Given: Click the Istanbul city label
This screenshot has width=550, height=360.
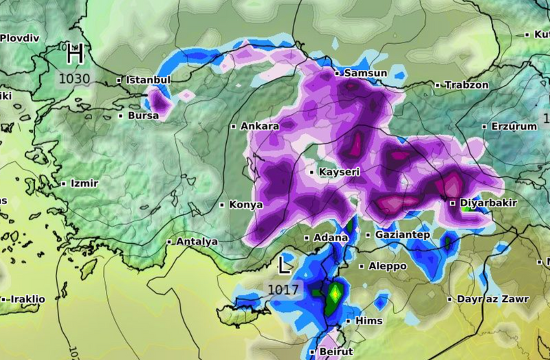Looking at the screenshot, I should [x=147, y=80].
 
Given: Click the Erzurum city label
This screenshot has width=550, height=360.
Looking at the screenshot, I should [x=513, y=126].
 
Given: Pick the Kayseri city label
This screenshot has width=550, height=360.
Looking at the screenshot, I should [x=338, y=172].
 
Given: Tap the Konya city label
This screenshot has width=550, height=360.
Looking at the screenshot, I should [x=245, y=205].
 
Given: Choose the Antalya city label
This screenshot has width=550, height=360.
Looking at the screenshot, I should [x=197, y=242].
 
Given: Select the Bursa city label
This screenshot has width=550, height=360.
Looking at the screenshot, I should [x=142, y=115].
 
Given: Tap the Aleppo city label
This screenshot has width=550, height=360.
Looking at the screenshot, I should [x=388, y=266].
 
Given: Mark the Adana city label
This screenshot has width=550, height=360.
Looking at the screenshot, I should [x=330, y=238].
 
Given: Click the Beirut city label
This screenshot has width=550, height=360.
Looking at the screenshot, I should [x=335, y=351].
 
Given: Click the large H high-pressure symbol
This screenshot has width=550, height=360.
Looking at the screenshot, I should [x=76, y=53].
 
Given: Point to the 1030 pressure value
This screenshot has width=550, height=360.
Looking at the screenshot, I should [x=74, y=78].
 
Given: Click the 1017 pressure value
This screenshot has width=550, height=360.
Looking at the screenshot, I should [x=283, y=289].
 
